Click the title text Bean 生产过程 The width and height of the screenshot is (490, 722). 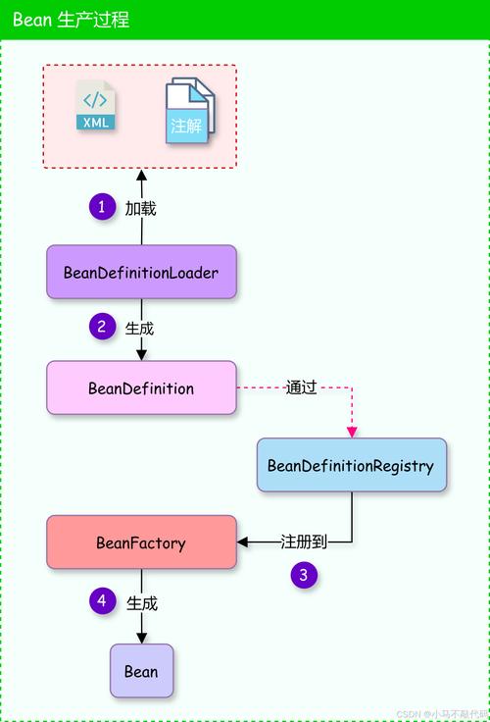(71, 20)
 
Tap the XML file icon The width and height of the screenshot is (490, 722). (96, 107)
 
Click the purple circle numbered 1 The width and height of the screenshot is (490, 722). (102, 207)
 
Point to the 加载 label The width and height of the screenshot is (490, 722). (140, 208)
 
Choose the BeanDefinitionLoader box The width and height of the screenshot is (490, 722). (141, 272)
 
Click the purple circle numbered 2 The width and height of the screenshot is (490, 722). (102, 327)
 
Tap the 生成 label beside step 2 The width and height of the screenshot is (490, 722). (140, 328)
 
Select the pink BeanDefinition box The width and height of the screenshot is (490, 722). (141, 387)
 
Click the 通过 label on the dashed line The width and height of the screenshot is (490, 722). (302, 387)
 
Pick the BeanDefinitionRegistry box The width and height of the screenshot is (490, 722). (350, 465)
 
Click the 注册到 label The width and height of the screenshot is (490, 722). (302, 541)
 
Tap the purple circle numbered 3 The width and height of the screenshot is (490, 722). (304, 576)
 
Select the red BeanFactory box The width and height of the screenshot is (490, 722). (141, 541)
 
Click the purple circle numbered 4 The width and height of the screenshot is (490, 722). (102, 600)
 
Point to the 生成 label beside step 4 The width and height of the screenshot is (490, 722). (142, 602)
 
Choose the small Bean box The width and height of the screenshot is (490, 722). (141, 671)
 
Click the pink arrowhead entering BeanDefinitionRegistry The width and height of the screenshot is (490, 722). (352, 432)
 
